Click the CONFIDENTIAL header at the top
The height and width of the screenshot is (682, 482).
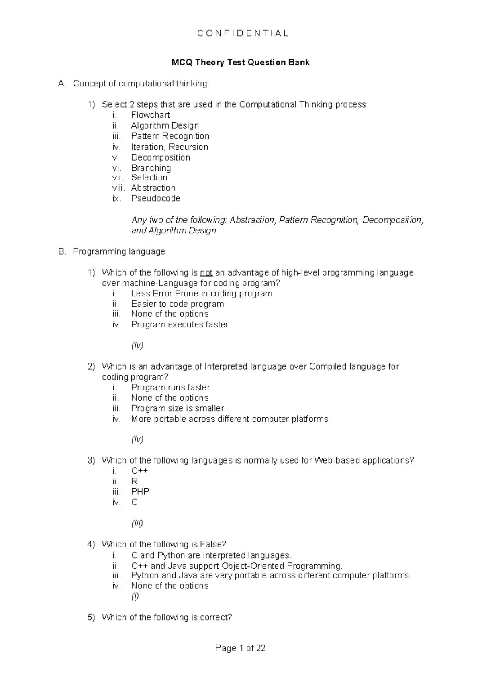click(x=243, y=33)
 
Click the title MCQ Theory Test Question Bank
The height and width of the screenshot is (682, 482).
click(x=240, y=63)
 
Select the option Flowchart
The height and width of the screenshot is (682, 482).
click(x=150, y=115)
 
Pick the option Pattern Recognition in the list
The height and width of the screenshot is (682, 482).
click(x=170, y=136)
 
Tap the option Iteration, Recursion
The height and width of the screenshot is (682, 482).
click(x=170, y=147)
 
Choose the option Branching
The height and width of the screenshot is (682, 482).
click(x=151, y=168)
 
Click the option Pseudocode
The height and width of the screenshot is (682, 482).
click(x=155, y=198)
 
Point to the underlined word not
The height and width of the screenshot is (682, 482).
click(x=206, y=273)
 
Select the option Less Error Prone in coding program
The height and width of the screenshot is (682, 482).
click(x=202, y=294)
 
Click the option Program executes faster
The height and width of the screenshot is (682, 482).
click(x=180, y=325)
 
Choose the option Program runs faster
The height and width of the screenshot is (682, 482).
click(x=170, y=388)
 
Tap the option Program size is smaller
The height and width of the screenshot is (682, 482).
click(x=178, y=408)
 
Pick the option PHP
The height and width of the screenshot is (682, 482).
click(x=140, y=492)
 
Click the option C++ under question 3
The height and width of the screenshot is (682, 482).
click(x=140, y=471)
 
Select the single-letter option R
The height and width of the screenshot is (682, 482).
click(x=135, y=481)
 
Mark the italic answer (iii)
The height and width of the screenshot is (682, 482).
click(x=137, y=523)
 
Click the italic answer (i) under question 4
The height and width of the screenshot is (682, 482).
click(x=135, y=597)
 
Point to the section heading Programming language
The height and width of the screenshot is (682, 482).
click(x=118, y=252)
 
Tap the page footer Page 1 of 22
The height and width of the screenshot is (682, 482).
click(x=240, y=648)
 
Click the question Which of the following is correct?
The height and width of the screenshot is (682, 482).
click(x=167, y=617)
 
